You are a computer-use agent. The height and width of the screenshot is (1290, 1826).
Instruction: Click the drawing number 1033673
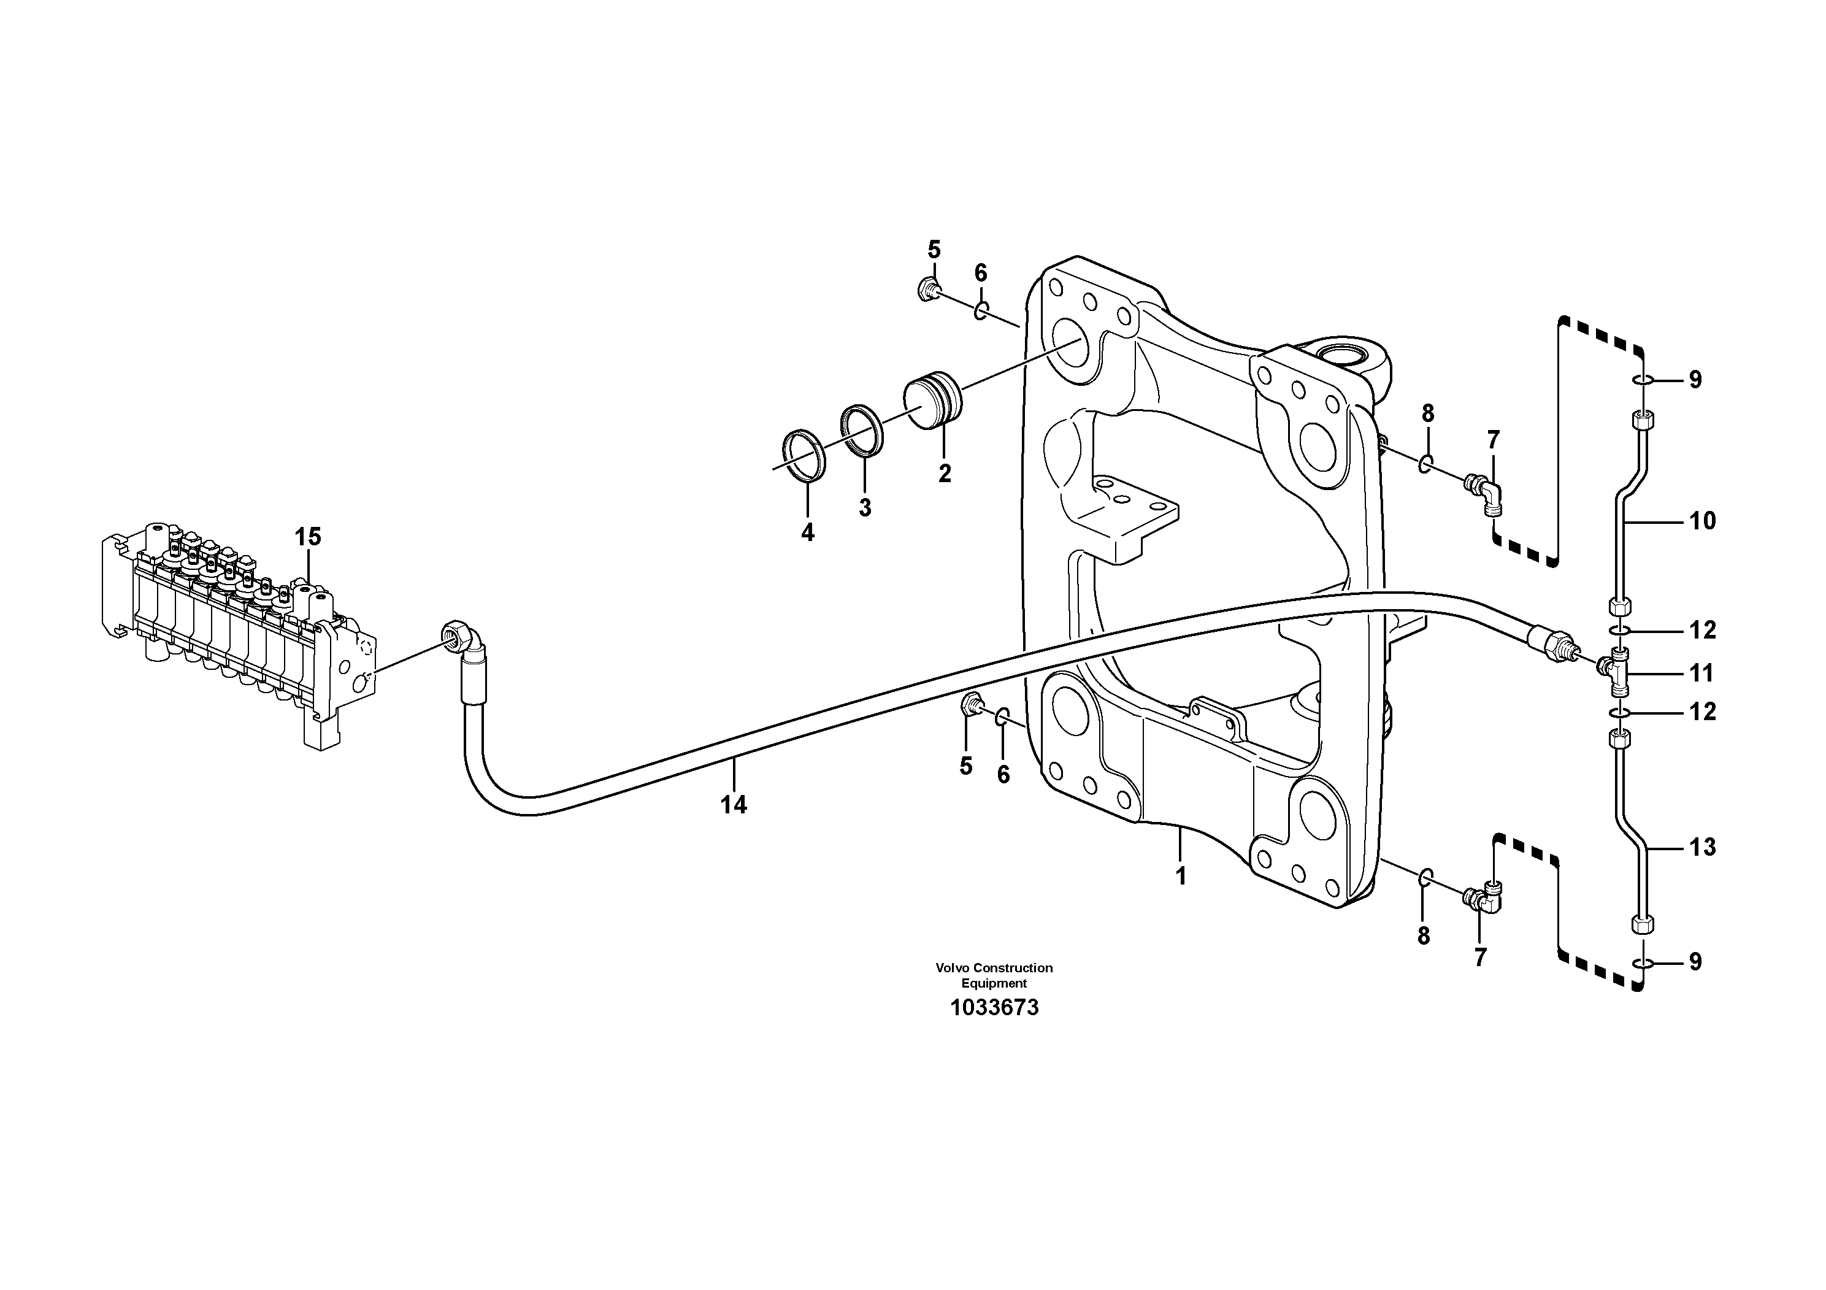point(994,1008)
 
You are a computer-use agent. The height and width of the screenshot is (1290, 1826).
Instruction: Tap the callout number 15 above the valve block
point(308,537)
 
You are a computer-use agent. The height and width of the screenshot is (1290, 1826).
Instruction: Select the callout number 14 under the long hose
point(733,805)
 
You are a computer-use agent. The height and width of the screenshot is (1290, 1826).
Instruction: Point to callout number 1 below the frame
point(1181,877)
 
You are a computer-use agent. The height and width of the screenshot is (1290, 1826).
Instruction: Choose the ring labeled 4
point(804,456)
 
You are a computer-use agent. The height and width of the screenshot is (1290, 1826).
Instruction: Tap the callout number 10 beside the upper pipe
point(1702,522)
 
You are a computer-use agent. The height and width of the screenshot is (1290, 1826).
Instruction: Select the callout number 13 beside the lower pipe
point(1702,848)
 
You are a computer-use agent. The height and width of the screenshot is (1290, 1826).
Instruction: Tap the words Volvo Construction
point(994,968)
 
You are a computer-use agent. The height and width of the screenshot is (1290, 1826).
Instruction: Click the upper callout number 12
point(1702,631)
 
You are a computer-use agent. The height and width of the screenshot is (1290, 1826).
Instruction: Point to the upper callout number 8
point(1427,413)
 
